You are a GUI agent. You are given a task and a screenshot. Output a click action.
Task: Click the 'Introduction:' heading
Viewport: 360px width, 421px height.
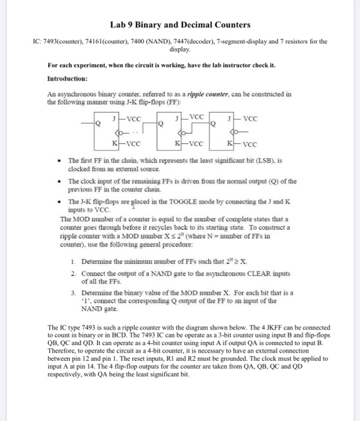(x=67, y=79)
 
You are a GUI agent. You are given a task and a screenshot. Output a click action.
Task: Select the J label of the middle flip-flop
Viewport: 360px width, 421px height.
(x=176, y=118)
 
